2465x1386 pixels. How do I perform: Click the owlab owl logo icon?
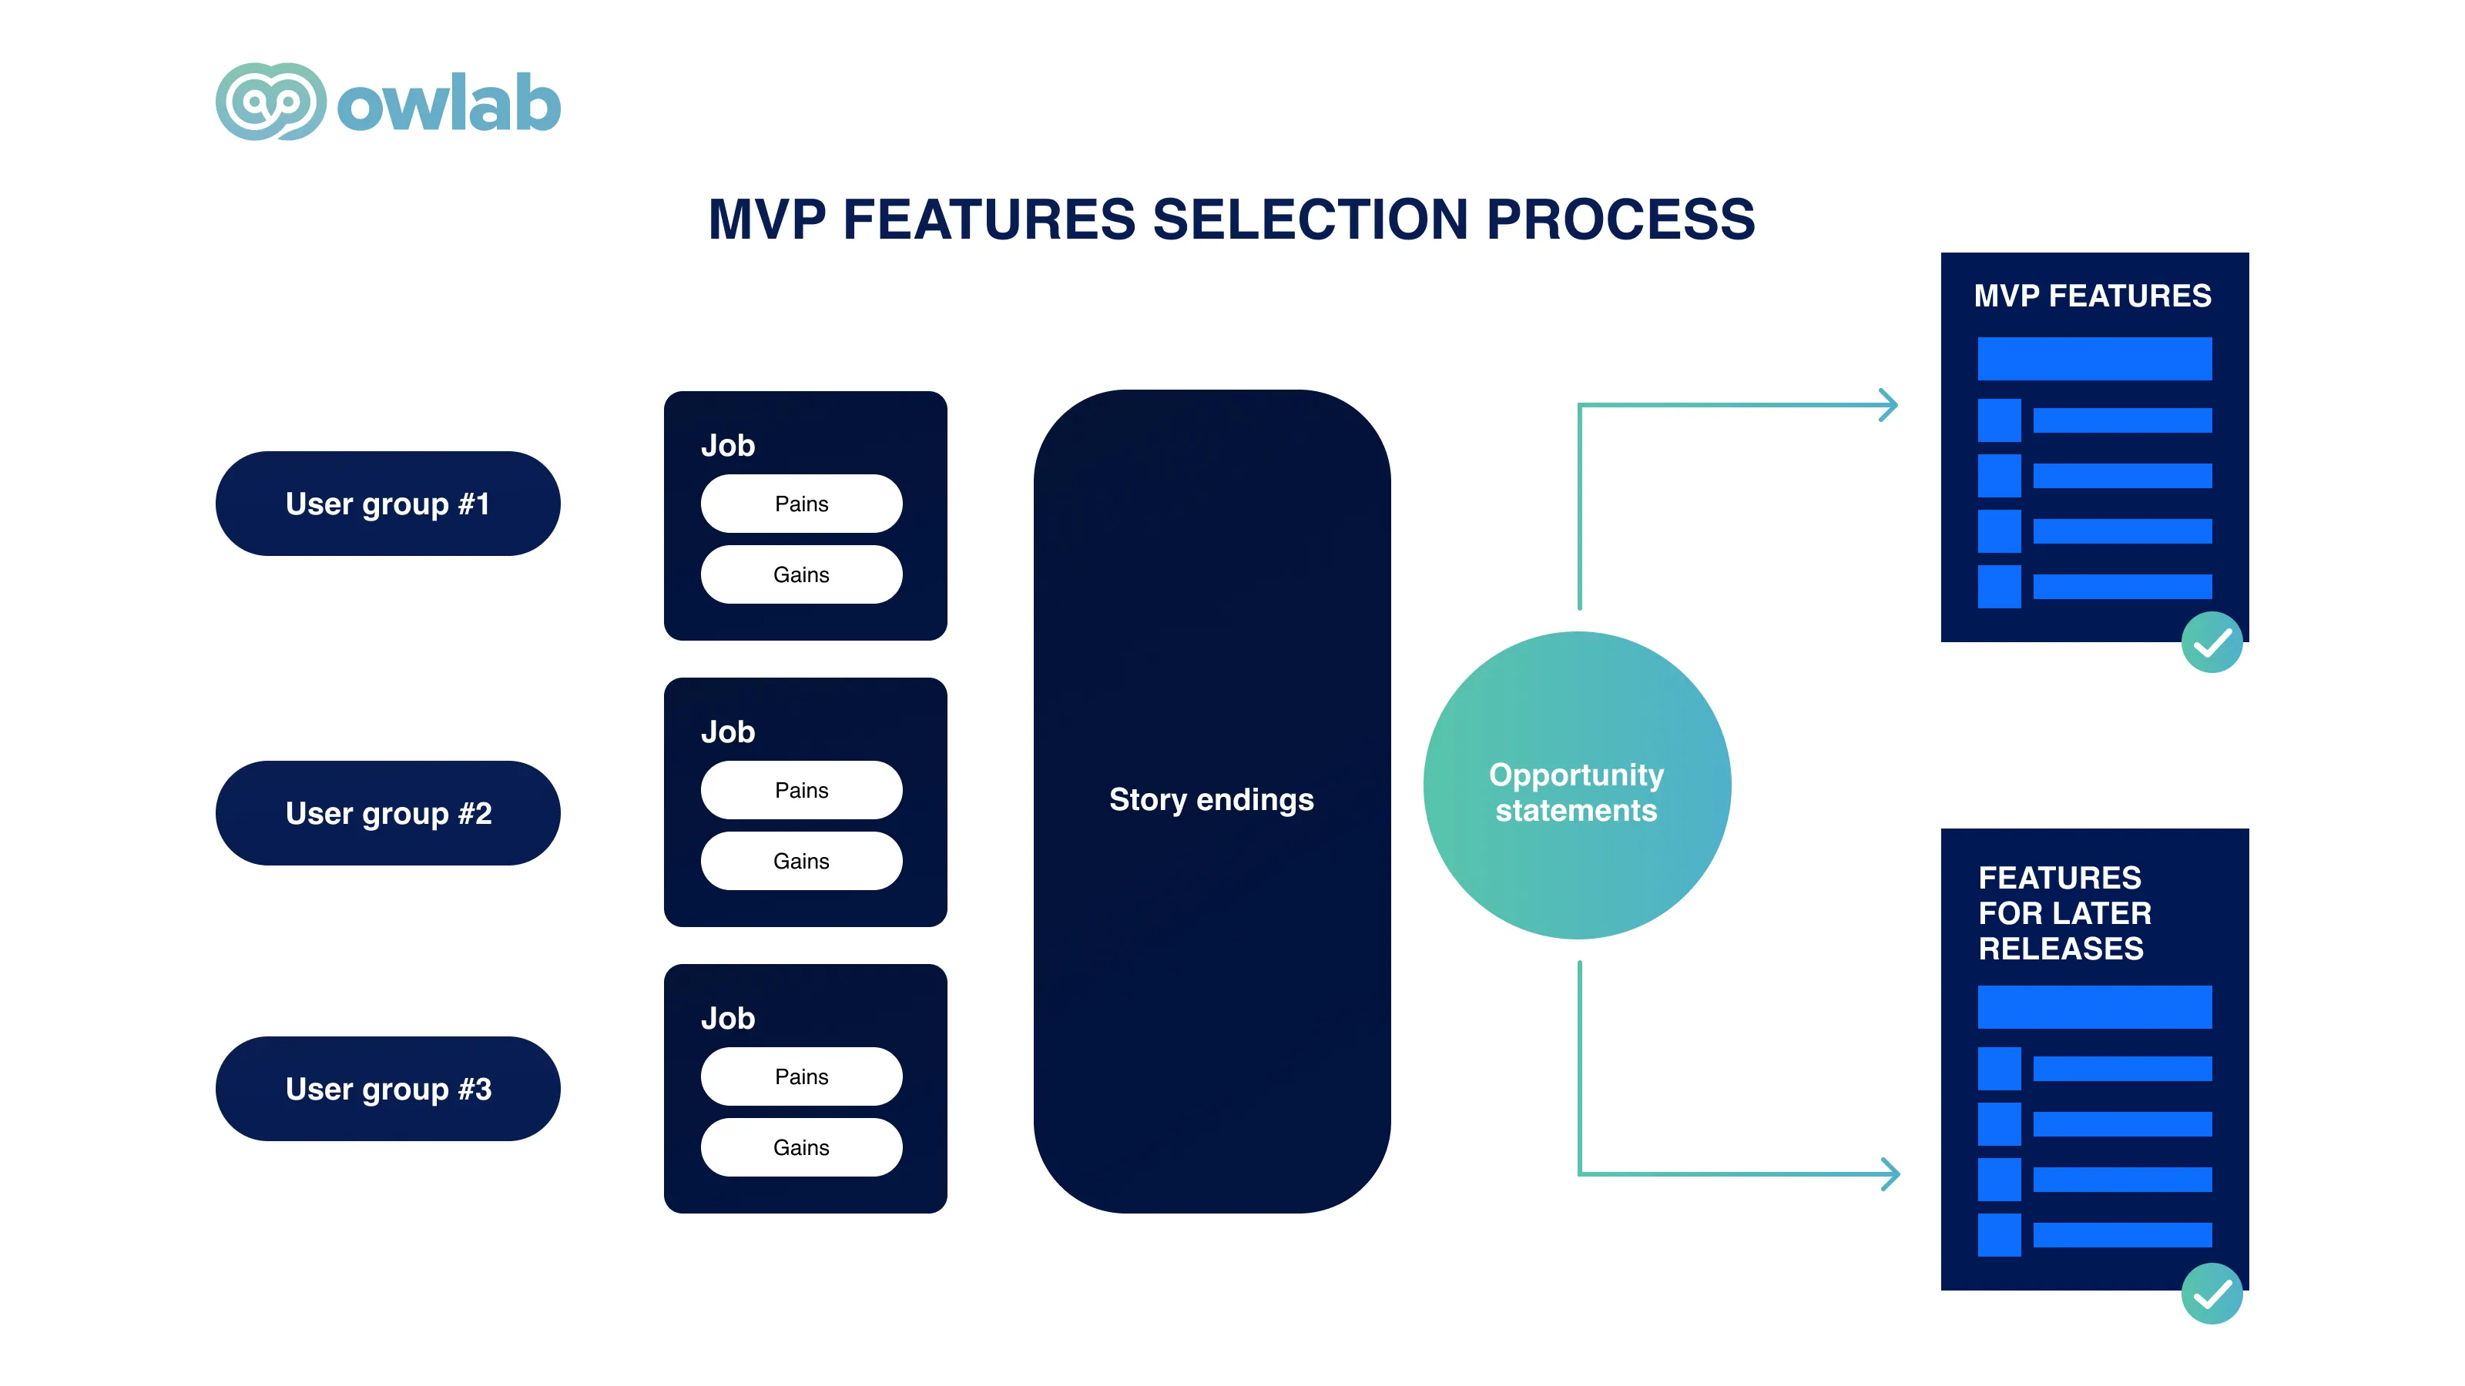[271, 102]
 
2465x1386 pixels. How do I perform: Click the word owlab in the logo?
[449, 102]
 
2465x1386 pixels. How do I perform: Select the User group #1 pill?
[387, 503]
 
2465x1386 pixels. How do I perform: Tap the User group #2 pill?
[387, 813]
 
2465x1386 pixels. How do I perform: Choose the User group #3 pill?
[387, 1089]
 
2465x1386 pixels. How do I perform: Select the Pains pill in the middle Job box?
[801, 790]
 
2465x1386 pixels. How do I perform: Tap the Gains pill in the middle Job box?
[801, 861]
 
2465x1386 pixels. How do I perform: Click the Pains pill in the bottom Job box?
[801, 1076]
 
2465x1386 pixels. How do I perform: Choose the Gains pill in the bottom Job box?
[801, 1147]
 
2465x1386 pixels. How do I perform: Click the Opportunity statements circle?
[1577, 785]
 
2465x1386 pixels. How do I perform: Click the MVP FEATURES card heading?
[2093, 296]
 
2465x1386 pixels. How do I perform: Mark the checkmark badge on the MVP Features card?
[2212, 643]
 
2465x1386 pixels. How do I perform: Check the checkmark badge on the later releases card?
[2212, 1294]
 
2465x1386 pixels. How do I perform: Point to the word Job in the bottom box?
[728, 1018]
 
